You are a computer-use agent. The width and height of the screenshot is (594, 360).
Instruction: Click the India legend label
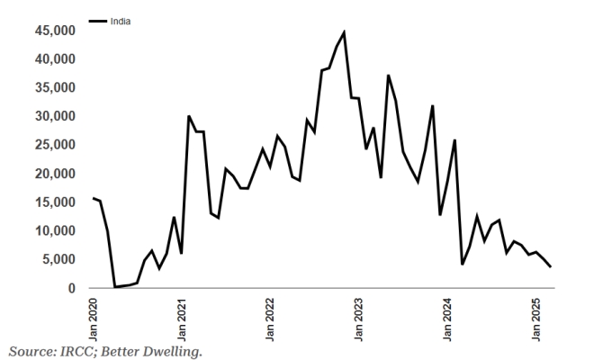[x=121, y=21]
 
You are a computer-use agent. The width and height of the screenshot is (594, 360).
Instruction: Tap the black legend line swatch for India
[x=98, y=21]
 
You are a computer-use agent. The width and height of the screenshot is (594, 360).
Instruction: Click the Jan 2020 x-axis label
[x=94, y=314]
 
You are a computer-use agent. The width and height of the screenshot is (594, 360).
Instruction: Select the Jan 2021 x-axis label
[x=182, y=314]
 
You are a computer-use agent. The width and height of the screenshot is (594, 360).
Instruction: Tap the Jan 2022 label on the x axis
[x=271, y=314]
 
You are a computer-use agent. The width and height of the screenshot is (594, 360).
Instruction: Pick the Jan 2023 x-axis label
[x=360, y=314]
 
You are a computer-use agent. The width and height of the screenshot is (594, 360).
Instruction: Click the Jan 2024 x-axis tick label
[x=448, y=314]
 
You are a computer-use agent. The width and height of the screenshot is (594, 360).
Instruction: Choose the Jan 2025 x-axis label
[x=537, y=314]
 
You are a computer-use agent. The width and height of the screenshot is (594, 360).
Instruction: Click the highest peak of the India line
[x=344, y=33]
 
